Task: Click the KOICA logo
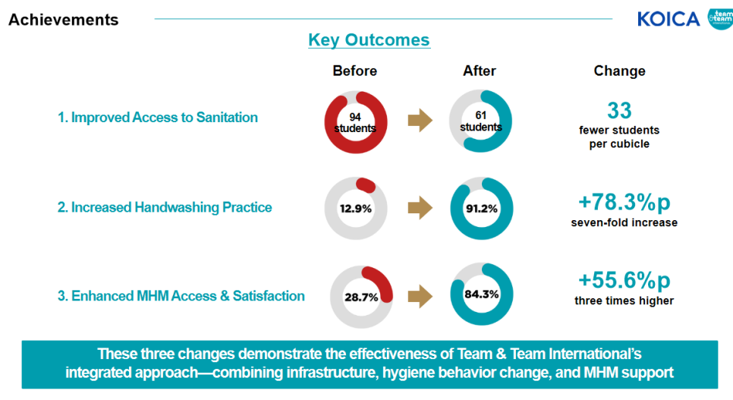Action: [x=669, y=19]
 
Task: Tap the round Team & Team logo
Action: [x=720, y=19]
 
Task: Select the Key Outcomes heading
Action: [x=369, y=40]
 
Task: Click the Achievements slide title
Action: [x=64, y=20]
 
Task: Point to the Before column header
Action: [x=354, y=71]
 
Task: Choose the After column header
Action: [x=480, y=71]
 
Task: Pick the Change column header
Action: [x=619, y=71]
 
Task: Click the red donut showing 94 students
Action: [x=356, y=121]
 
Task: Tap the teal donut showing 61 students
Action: [x=480, y=121]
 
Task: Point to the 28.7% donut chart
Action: [x=361, y=297]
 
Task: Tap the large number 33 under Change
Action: [x=619, y=111]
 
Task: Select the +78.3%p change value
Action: [x=624, y=203]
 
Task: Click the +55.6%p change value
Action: [x=624, y=280]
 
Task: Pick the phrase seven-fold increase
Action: [x=624, y=223]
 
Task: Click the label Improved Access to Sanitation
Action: [x=158, y=118]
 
